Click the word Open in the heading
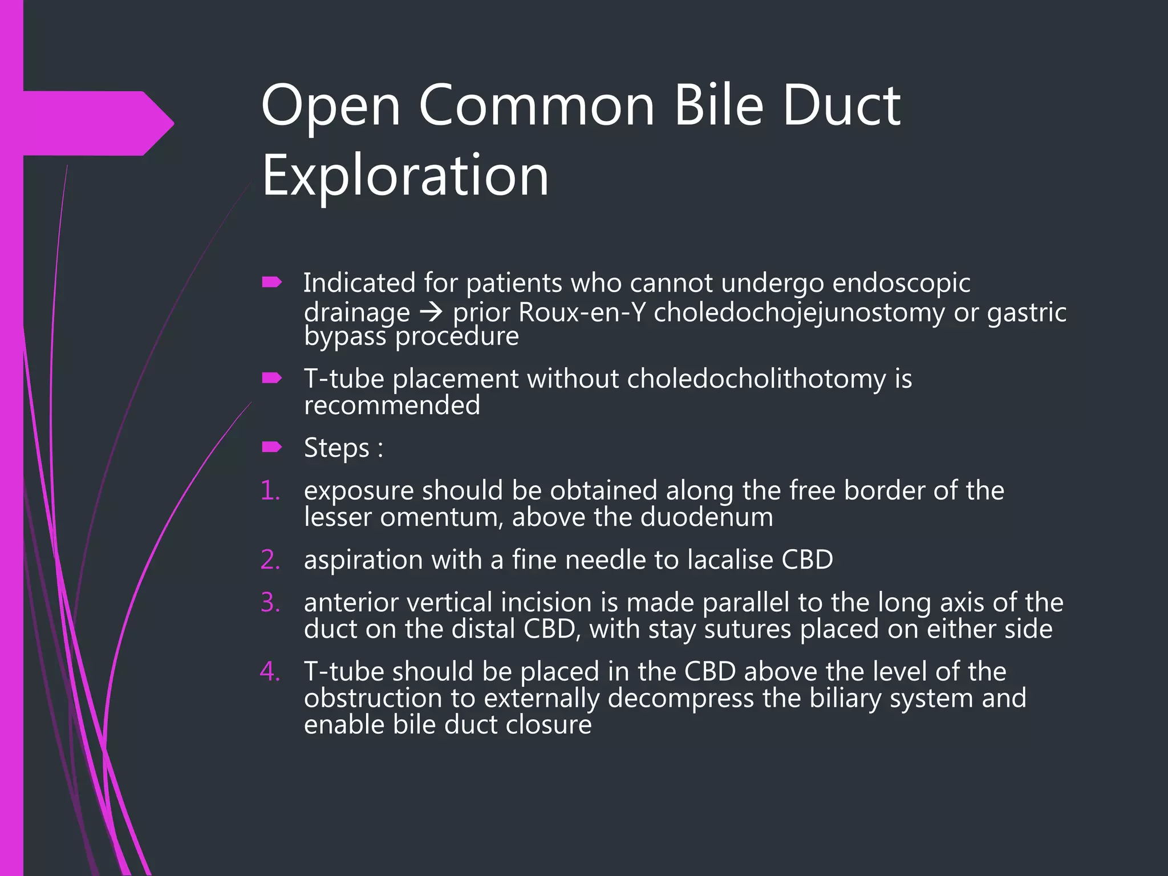pyautogui.click(x=331, y=106)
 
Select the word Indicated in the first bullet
pyautogui.click(x=359, y=283)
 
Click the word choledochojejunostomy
pyautogui.click(x=799, y=313)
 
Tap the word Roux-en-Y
pyautogui.click(x=582, y=313)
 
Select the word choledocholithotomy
pyautogui.click(x=756, y=379)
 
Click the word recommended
pyautogui.click(x=392, y=405)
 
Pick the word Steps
pyautogui.click(x=336, y=448)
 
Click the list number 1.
pyautogui.click(x=270, y=490)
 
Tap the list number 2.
pyautogui.click(x=270, y=560)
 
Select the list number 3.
pyautogui.click(x=270, y=603)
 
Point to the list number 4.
pyautogui.click(x=270, y=672)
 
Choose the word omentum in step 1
pyautogui.click(x=441, y=517)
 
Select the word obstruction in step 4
pyautogui.click(x=373, y=699)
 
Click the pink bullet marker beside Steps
pyautogui.click(x=272, y=447)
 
